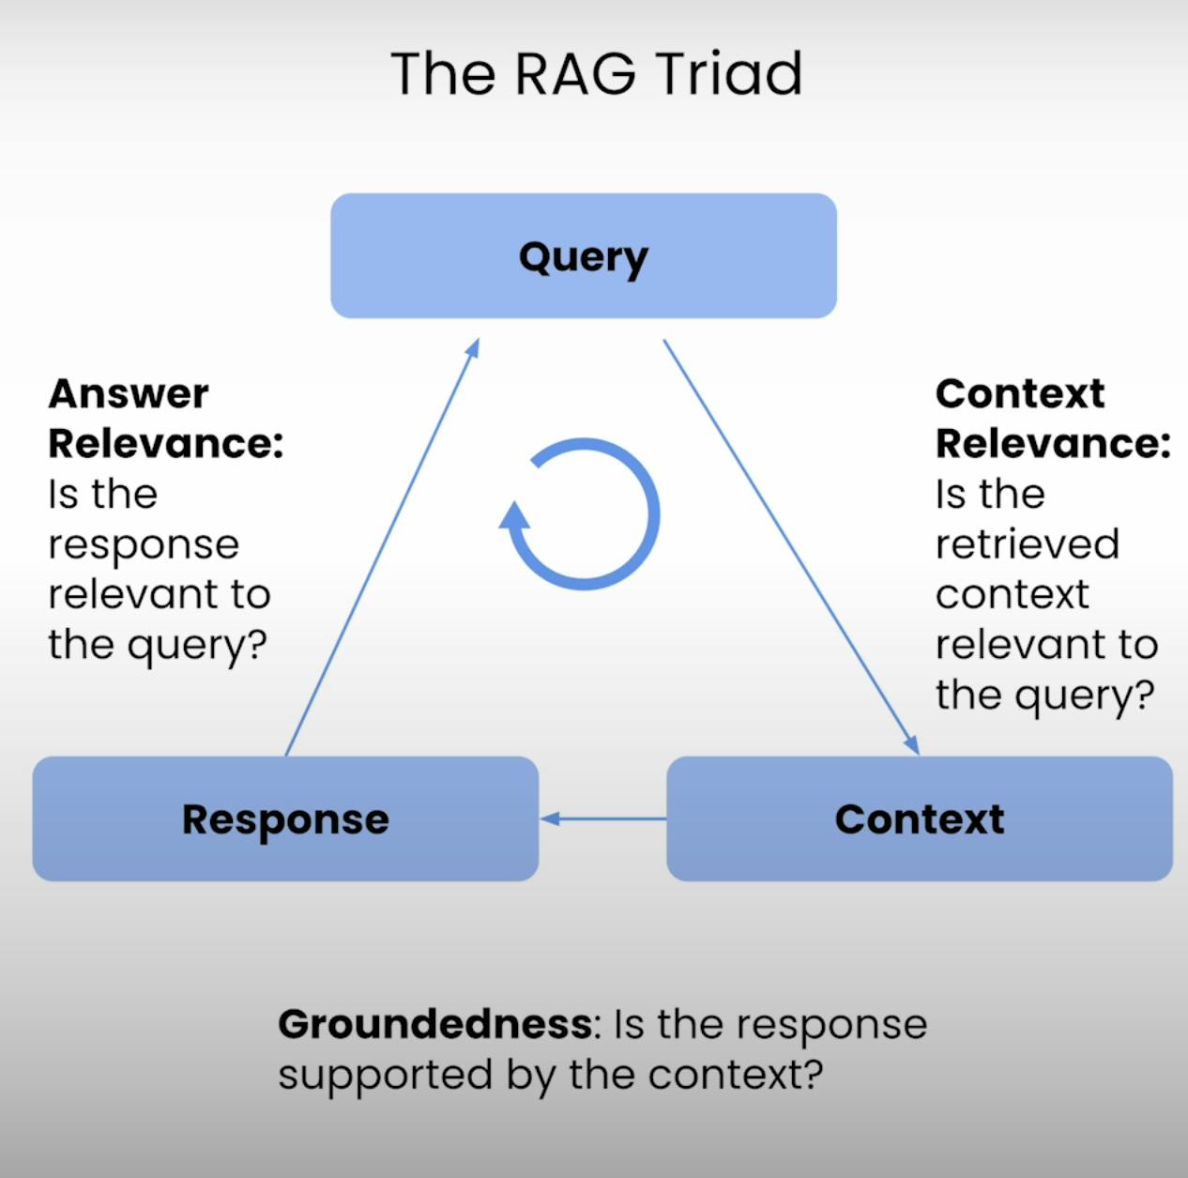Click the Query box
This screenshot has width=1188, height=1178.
tap(584, 256)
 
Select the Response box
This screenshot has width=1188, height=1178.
tap(285, 819)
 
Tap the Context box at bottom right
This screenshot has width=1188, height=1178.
tap(920, 819)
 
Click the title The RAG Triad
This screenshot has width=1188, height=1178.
tap(596, 74)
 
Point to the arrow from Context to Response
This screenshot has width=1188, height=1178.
tap(603, 819)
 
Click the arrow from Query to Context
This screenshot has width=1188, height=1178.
tap(791, 546)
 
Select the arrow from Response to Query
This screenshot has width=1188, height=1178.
tap(382, 546)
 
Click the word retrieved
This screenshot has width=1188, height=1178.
tap(1028, 544)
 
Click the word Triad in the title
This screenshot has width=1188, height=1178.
tap(728, 74)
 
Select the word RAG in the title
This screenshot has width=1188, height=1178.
tap(574, 74)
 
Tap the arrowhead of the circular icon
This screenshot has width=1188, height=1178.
tap(513, 515)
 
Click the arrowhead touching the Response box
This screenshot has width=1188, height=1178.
tap(549, 819)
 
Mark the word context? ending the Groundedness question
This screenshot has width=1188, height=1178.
tap(736, 1075)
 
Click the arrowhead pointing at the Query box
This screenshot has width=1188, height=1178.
tap(472, 347)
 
